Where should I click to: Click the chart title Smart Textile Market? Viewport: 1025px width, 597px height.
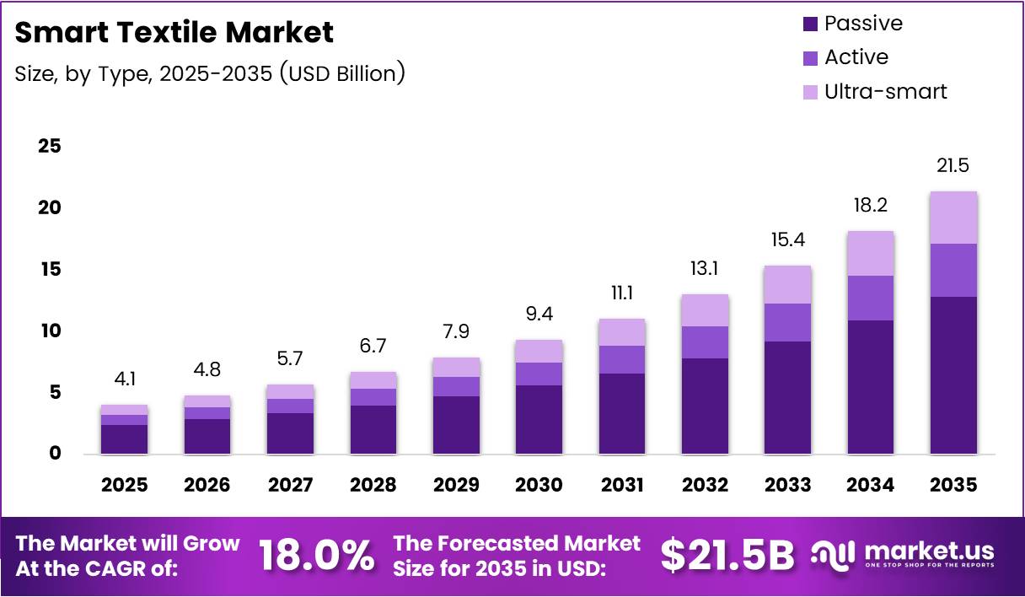click(x=174, y=32)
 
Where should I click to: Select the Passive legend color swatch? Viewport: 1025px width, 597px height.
click(x=810, y=24)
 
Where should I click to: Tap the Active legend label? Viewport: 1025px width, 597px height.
click(x=856, y=57)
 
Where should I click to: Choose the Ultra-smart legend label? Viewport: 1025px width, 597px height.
click(x=886, y=91)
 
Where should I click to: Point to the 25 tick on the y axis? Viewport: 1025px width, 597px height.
click(x=50, y=146)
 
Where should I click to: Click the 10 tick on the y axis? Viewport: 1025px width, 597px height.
click(x=50, y=331)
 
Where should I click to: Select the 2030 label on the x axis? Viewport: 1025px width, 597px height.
click(x=539, y=485)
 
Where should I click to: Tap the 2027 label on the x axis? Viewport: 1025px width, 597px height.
click(x=291, y=485)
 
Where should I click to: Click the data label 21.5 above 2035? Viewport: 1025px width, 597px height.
click(x=953, y=165)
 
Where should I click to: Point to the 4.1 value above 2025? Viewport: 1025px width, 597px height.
click(x=125, y=379)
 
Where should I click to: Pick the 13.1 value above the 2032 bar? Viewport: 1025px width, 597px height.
click(x=705, y=268)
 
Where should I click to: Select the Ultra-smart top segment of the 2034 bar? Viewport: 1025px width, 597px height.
click(x=871, y=253)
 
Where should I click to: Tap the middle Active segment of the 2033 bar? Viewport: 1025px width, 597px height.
click(x=787, y=322)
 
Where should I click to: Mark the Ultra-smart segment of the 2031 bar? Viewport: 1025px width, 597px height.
click(x=621, y=332)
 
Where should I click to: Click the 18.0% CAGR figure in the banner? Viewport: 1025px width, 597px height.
click(x=316, y=555)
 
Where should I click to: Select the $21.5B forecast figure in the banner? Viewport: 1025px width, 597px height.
click(x=727, y=555)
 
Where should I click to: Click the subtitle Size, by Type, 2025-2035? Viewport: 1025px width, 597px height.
click(x=210, y=73)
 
